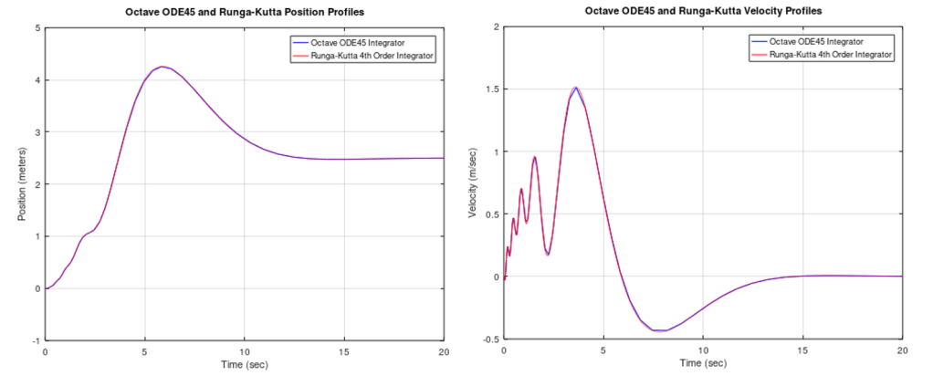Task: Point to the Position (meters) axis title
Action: tap(22, 183)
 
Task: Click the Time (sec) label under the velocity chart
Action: tap(702, 363)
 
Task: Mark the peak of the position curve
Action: tap(162, 67)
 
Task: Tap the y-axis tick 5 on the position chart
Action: tap(37, 27)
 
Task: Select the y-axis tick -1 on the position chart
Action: tap(36, 339)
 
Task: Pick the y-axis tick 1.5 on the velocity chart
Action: tap(489, 89)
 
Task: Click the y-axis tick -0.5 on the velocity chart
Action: tap(488, 339)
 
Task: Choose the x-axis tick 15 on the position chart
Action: tap(343, 350)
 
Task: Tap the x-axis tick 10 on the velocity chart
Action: tap(702, 350)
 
